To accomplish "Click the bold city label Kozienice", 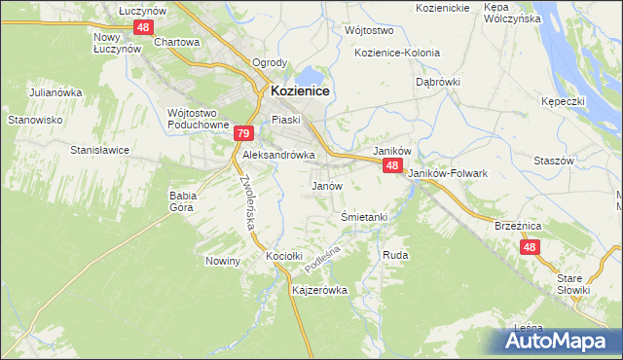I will (300, 90).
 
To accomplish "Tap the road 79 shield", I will (243, 134).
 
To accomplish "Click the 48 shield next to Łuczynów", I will (143, 27).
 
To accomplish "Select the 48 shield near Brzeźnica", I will (530, 248).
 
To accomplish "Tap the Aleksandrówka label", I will (278, 155).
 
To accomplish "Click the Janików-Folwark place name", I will (447, 173).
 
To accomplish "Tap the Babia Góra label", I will (183, 200).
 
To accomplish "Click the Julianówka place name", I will (55, 92).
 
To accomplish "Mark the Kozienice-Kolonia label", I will (397, 53).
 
